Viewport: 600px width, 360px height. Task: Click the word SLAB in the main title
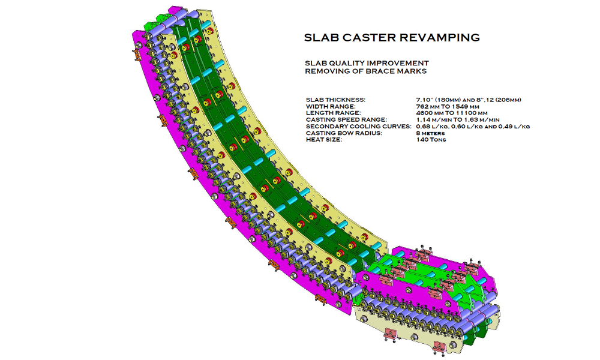coord(322,37)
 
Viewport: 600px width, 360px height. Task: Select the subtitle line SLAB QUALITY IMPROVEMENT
coord(367,63)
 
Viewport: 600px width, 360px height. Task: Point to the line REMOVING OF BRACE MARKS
coord(365,71)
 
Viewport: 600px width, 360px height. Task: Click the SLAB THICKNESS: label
coord(335,100)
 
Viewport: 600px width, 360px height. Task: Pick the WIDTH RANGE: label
coord(331,106)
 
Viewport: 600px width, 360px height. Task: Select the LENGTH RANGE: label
coord(333,113)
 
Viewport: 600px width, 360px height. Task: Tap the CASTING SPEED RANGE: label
coord(346,120)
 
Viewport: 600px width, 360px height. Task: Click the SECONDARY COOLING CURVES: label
coord(359,126)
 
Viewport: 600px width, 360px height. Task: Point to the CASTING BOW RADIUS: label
coord(344,133)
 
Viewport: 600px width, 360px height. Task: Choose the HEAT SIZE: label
coord(324,140)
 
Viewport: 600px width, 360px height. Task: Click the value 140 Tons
coord(431,140)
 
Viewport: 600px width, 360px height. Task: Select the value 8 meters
coord(430,133)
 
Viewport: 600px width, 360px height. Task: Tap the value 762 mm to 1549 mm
coord(448,106)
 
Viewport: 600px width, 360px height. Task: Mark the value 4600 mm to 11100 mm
coord(452,113)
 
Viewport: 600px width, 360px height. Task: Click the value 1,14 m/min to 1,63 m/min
coord(458,120)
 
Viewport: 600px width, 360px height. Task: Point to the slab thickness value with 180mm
coord(469,100)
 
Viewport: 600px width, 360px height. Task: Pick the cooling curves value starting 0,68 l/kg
coord(473,126)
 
